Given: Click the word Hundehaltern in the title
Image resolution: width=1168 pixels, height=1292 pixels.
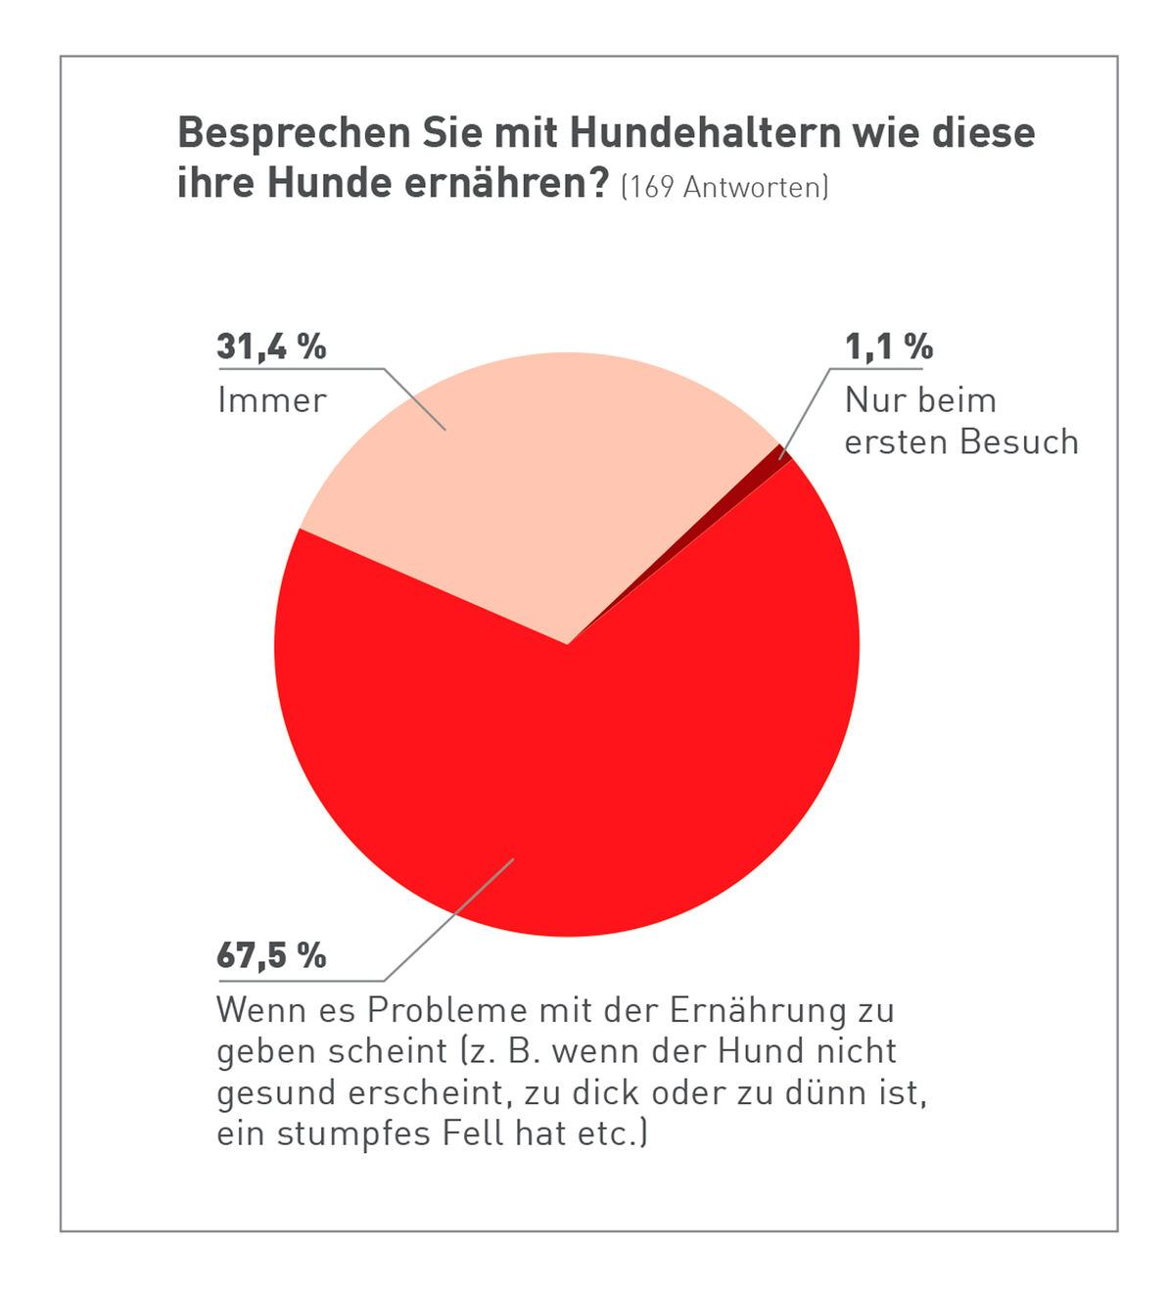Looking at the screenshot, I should coord(705,133).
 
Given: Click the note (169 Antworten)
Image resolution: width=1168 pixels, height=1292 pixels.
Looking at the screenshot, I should coord(724,186).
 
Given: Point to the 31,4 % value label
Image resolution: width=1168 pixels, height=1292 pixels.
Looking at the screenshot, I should coord(271,346).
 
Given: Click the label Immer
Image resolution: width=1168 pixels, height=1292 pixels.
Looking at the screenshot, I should coord(271,400).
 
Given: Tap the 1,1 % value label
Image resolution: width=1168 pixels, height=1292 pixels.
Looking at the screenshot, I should coord(888,346).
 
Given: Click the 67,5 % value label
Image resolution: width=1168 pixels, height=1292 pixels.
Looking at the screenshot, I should coord(271,955).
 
